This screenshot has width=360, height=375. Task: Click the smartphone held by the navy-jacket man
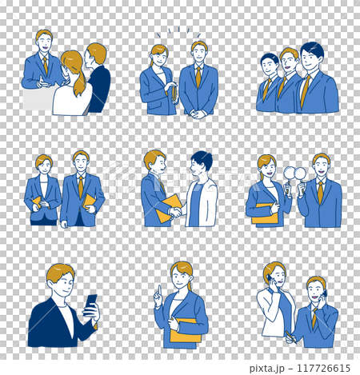tap(90, 305)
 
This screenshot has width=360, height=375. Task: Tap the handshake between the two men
tap(175, 213)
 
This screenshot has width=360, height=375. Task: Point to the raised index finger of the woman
tap(159, 290)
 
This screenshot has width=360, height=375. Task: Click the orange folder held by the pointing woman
tap(186, 330)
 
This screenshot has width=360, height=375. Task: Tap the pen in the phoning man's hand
tap(291, 337)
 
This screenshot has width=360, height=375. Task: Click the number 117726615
tap(323, 368)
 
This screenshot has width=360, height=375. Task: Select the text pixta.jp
tap(266, 369)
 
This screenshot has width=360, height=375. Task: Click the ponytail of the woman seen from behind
tap(79, 82)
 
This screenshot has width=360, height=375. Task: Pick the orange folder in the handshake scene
tap(168, 208)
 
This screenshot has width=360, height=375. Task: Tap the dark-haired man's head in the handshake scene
tap(201, 163)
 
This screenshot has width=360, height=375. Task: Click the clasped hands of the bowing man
tap(198, 114)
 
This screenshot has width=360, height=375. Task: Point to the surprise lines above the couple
tap(178, 32)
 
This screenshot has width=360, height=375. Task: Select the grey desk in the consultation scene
tap(38, 99)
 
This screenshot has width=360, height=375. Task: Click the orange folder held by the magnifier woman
tap(265, 213)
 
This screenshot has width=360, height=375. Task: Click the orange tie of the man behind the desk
tap(46, 66)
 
